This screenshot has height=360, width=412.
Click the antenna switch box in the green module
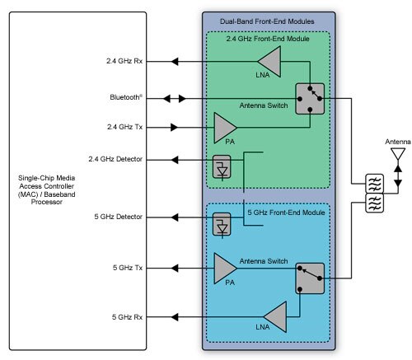[x=310, y=99]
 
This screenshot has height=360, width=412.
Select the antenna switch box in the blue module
[x=310, y=278]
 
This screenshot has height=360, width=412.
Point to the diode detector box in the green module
[x=222, y=166]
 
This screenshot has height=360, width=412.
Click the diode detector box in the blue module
[x=222, y=224]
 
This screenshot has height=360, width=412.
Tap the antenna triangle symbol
[x=398, y=153]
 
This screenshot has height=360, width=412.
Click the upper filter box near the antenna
[x=374, y=184]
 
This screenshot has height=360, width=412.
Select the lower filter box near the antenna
[x=374, y=203]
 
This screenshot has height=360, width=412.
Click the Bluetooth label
[x=126, y=97]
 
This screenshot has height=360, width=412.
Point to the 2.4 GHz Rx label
[x=124, y=61]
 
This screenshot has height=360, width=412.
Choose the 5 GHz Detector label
[x=119, y=217]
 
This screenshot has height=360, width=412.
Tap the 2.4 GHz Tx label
[x=124, y=127]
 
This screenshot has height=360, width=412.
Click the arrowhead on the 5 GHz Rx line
[x=175, y=317]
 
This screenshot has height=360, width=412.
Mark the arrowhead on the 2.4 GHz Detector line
[x=175, y=160]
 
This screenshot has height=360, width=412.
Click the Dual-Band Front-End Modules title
[x=267, y=21]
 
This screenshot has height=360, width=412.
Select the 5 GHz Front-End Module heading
[x=286, y=213]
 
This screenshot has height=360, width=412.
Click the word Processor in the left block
[x=47, y=202]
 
